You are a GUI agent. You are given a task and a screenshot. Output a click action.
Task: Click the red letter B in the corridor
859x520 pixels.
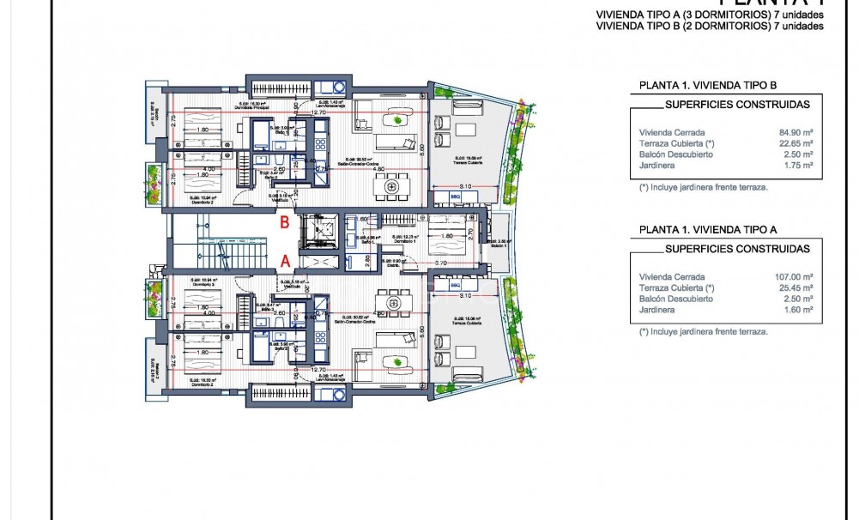pos(285,222)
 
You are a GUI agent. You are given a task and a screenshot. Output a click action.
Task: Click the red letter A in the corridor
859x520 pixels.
pos(287,258)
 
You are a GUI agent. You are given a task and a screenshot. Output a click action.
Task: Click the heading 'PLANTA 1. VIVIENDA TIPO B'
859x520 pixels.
pos(708,86)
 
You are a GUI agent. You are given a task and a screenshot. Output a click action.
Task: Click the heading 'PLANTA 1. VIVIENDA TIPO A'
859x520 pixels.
pos(708,230)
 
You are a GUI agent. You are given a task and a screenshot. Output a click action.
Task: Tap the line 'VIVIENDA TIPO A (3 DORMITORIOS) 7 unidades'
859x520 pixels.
pos(710,15)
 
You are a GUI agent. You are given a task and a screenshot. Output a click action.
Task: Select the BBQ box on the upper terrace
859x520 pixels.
pos(456,196)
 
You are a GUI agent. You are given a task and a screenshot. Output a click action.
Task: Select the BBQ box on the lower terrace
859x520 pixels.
pos(456,284)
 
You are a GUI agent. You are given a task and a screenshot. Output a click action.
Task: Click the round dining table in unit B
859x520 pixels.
pos(393,183)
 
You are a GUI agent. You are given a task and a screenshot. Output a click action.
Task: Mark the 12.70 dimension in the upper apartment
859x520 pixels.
pos(318,112)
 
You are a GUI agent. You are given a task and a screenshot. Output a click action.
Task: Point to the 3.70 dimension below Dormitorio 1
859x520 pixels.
pos(441,263)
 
